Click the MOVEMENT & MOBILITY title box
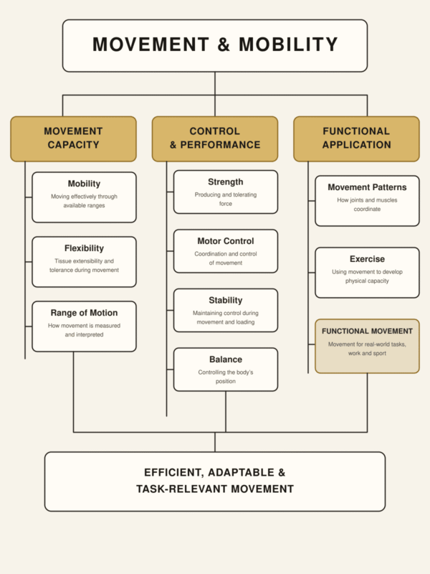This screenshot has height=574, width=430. (x=215, y=46)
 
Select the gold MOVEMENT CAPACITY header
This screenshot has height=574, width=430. (x=74, y=139)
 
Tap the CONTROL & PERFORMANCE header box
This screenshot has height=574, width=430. (x=215, y=139)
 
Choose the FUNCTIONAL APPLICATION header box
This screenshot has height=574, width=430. (x=356, y=139)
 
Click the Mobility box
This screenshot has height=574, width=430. (x=84, y=197)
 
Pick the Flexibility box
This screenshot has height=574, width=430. (x=84, y=262)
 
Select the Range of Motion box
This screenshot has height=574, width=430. (x=84, y=326)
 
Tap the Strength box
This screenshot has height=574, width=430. (x=226, y=192)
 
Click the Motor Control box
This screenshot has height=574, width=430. (x=226, y=251)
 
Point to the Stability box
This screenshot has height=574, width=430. (x=226, y=311)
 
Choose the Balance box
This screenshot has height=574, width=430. (x=226, y=370)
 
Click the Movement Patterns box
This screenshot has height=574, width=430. (x=367, y=201)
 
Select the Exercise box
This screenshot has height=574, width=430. (x=367, y=273)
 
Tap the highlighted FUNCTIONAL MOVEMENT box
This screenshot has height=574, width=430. (x=367, y=347)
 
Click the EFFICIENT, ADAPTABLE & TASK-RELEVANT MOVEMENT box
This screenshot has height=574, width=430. (x=215, y=481)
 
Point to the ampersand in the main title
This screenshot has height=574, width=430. (x=224, y=44)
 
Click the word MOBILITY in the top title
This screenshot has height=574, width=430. (x=288, y=44)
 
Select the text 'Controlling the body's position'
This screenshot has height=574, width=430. (x=226, y=377)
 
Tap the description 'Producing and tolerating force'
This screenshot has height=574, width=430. (x=226, y=199)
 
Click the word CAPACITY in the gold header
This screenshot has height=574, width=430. (x=74, y=145)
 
